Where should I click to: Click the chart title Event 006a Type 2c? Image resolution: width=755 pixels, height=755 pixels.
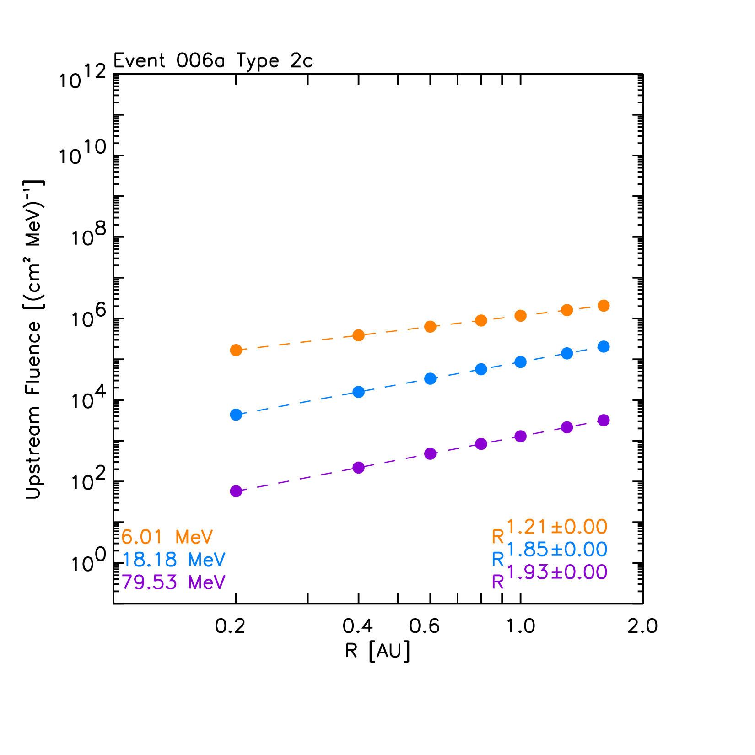[213, 61]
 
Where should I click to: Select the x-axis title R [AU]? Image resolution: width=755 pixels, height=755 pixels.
[377, 651]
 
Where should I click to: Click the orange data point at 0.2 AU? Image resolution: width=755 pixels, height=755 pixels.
[236, 350]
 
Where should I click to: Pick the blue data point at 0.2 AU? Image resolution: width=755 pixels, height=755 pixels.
[236, 415]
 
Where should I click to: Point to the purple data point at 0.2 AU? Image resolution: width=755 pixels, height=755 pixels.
[236, 491]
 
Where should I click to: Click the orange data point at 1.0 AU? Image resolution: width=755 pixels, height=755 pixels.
[521, 316]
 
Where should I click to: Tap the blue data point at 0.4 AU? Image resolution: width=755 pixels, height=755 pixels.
[359, 392]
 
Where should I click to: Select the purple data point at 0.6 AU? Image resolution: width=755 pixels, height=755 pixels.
[430, 454]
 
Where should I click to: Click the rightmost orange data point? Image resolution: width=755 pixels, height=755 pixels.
[604, 306]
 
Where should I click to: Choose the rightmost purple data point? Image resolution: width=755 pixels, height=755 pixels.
[604, 421]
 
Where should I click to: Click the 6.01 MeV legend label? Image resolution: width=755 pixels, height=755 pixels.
[167, 537]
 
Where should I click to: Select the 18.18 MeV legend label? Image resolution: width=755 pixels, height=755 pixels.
[174, 560]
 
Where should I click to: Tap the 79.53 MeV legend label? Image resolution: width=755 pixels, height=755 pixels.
[174, 582]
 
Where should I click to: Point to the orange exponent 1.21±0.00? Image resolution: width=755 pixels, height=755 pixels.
[557, 528]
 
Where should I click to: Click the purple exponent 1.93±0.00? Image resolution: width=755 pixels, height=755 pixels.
[557, 572]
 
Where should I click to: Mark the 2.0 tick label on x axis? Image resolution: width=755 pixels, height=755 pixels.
[642, 626]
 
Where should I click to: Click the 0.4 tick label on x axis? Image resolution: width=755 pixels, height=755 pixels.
[358, 626]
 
